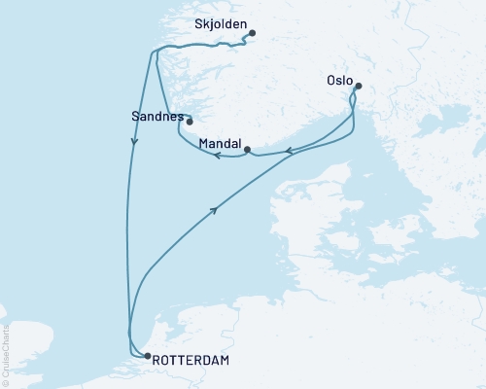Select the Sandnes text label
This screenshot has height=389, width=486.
coord(156,115)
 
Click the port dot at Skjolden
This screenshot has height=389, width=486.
coord(252,34)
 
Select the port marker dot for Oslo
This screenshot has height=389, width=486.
coord(358,87)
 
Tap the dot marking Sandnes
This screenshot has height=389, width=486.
coord(190,122)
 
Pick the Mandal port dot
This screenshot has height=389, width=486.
coord(248,149)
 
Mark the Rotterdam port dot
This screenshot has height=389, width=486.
coord(147,356)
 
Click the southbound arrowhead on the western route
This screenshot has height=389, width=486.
coord(134,142)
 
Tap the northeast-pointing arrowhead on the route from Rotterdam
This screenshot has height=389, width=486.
coord(215,208)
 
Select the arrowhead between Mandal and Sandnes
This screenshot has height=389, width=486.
coord(219,155)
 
